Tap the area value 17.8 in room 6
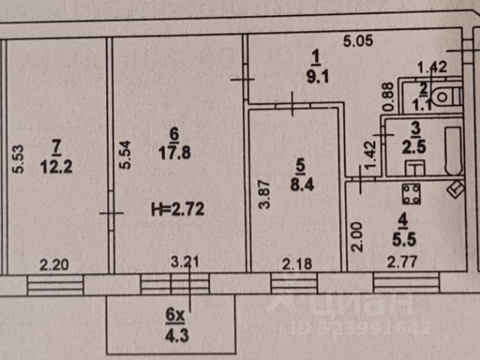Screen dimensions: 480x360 pyautogui.click(x=175, y=151)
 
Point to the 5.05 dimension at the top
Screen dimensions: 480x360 pyautogui.click(x=358, y=42)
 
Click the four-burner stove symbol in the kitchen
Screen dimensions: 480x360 pyautogui.click(x=411, y=194)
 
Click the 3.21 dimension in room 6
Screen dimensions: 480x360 pyautogui.click(x=186, y=262)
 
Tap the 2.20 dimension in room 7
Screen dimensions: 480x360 pyautogui.click(x=54, y=262)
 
